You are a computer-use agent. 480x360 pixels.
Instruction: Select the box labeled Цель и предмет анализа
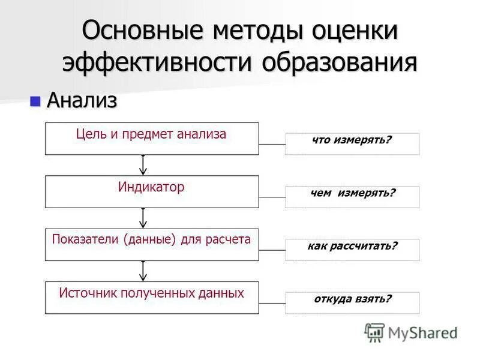(152, 139)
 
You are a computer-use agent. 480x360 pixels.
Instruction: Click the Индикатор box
(152, 191)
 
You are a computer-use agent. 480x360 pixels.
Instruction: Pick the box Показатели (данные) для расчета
(152, 244)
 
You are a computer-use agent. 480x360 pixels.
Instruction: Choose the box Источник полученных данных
(152, 298)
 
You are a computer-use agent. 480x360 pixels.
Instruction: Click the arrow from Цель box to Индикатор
(143, 165)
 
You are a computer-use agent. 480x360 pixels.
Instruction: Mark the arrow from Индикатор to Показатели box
(143, 218)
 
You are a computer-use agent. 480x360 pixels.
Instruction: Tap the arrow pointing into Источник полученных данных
(143, 271)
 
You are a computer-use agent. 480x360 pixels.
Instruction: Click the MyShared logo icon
(374, 332)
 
